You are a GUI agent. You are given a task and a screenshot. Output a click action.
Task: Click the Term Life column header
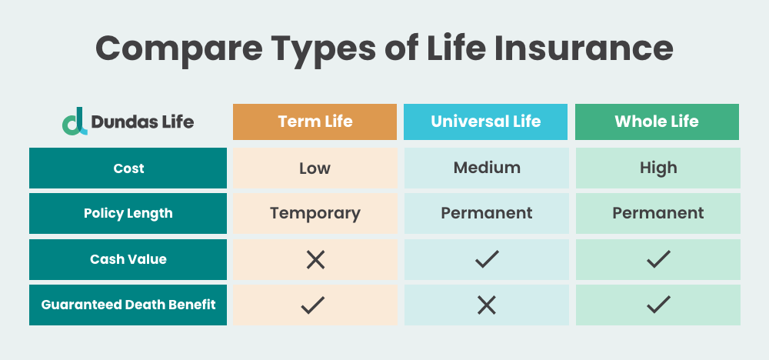315,122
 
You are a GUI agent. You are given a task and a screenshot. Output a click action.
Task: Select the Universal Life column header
486,122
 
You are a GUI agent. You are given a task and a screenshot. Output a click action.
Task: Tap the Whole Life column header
657,122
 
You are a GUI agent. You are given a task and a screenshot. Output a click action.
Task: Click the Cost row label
128,168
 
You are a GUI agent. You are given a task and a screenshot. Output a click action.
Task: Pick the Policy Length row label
128,214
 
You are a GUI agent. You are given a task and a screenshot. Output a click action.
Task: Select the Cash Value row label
128,259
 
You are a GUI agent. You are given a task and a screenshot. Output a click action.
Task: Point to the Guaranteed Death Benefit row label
128,305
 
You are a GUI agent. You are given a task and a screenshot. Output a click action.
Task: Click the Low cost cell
315,168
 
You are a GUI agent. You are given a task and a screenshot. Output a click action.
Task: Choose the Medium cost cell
486,168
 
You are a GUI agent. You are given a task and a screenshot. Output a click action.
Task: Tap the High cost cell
657,168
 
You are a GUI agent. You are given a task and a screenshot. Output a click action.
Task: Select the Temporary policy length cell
315,213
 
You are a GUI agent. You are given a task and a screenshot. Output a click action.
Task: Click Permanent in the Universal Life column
486,213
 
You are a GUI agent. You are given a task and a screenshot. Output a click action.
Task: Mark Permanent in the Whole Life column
657,213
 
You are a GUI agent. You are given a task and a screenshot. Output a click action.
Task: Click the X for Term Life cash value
315,260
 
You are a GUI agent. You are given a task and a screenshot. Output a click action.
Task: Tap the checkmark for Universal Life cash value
486,260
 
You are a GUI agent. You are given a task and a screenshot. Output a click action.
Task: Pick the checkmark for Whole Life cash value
657,260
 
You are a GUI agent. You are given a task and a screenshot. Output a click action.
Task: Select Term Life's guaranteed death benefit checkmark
315,305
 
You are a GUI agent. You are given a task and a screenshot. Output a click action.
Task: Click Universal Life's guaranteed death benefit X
486,305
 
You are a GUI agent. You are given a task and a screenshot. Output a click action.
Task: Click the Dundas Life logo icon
75,122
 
